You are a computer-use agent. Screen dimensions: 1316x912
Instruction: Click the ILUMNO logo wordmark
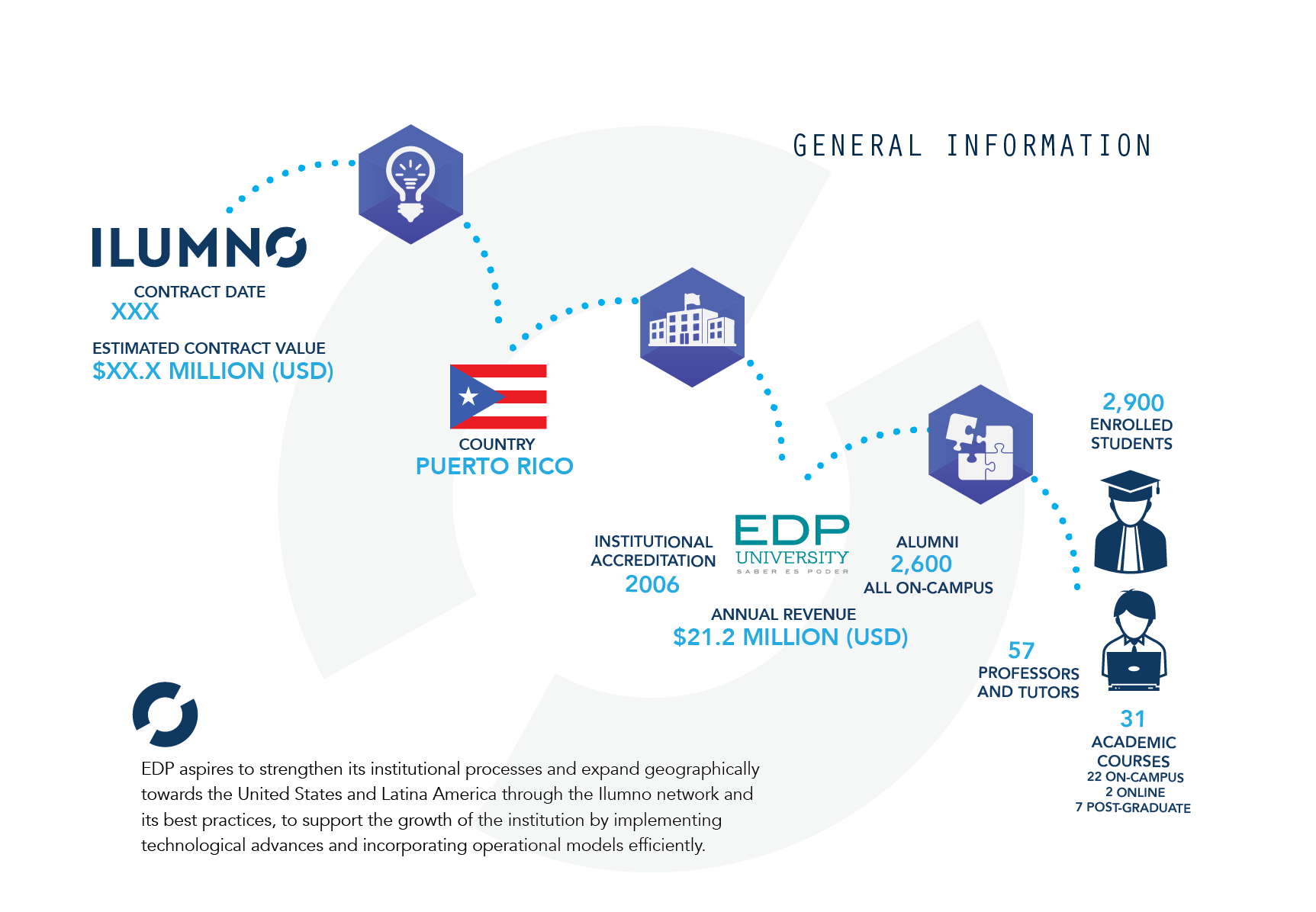[x=199, y=247]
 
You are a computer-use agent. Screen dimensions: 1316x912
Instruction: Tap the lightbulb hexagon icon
[x=410, y=185]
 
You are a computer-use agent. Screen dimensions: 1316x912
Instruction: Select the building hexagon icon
[x=692, y=327]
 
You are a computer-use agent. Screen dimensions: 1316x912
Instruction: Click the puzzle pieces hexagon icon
[x=980, y=445]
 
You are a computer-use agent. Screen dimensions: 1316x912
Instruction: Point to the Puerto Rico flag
[x=498, y=397]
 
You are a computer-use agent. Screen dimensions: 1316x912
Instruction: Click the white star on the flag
[x=468, y=397]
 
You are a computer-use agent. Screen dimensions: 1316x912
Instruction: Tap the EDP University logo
[x=792, y=544]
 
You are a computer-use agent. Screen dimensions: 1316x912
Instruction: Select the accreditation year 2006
[x=652, y=584]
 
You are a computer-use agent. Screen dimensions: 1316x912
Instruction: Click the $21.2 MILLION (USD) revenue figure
[x=790, y=637]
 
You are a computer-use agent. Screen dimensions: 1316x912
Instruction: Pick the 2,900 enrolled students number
[x=1133, y=402]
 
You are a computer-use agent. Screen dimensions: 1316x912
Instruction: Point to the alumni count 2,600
[x=921, y=564]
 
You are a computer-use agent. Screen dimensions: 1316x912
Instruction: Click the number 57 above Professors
[x=1021, y=650]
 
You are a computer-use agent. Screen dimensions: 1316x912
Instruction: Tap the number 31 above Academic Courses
[x=1132, y=718]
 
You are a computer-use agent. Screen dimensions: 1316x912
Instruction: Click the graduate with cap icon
[x=1131, y=522]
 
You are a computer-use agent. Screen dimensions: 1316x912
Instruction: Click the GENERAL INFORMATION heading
[x=972, y=146]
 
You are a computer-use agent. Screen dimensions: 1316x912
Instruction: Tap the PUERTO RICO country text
[x=494, y=466]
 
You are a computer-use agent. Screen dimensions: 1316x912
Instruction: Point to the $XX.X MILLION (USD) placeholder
[x=213, y=371]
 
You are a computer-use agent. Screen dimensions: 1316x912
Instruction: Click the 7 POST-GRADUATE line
[x=1133, y=808]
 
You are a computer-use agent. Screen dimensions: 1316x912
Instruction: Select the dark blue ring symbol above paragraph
[x=165, y=715]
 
